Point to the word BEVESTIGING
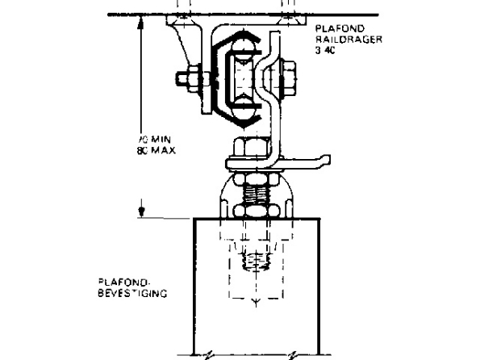tap(131, 295)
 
